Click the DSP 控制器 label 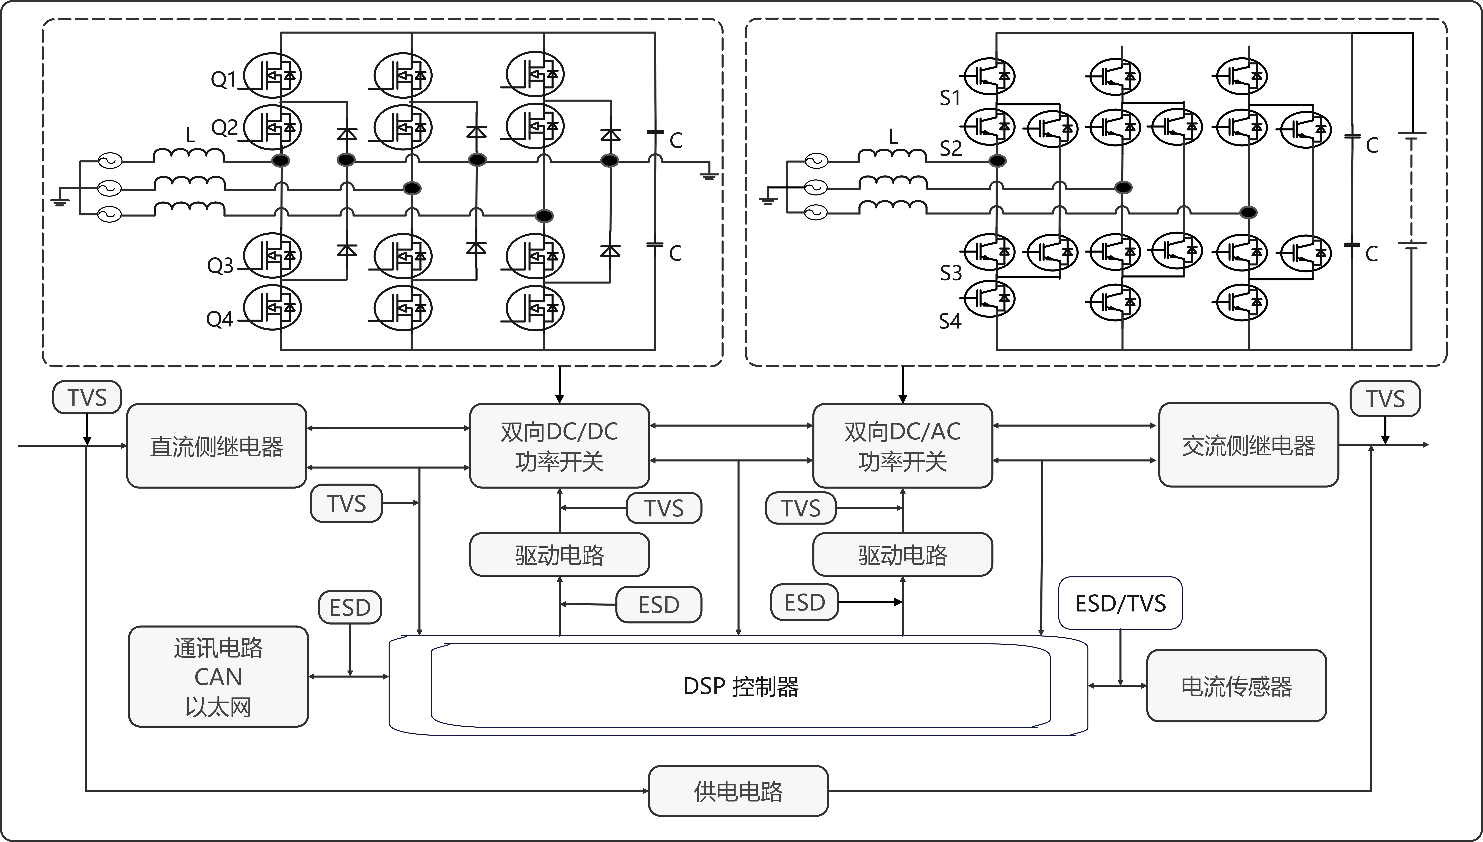click(x=741, y=686)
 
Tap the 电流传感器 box click(x=1237, y=686)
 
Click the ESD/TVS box click(x=1120, y=603)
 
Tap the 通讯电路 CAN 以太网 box click(x=218, y=677)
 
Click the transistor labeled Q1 click(x=272, y=75)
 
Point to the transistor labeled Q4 click(x=272, y=308)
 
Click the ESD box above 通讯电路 click(x=350, y=607)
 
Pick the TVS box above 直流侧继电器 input click(x=87, y=397)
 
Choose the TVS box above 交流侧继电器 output click(x=1385, y=398)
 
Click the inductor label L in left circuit click(x=190, y=135)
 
